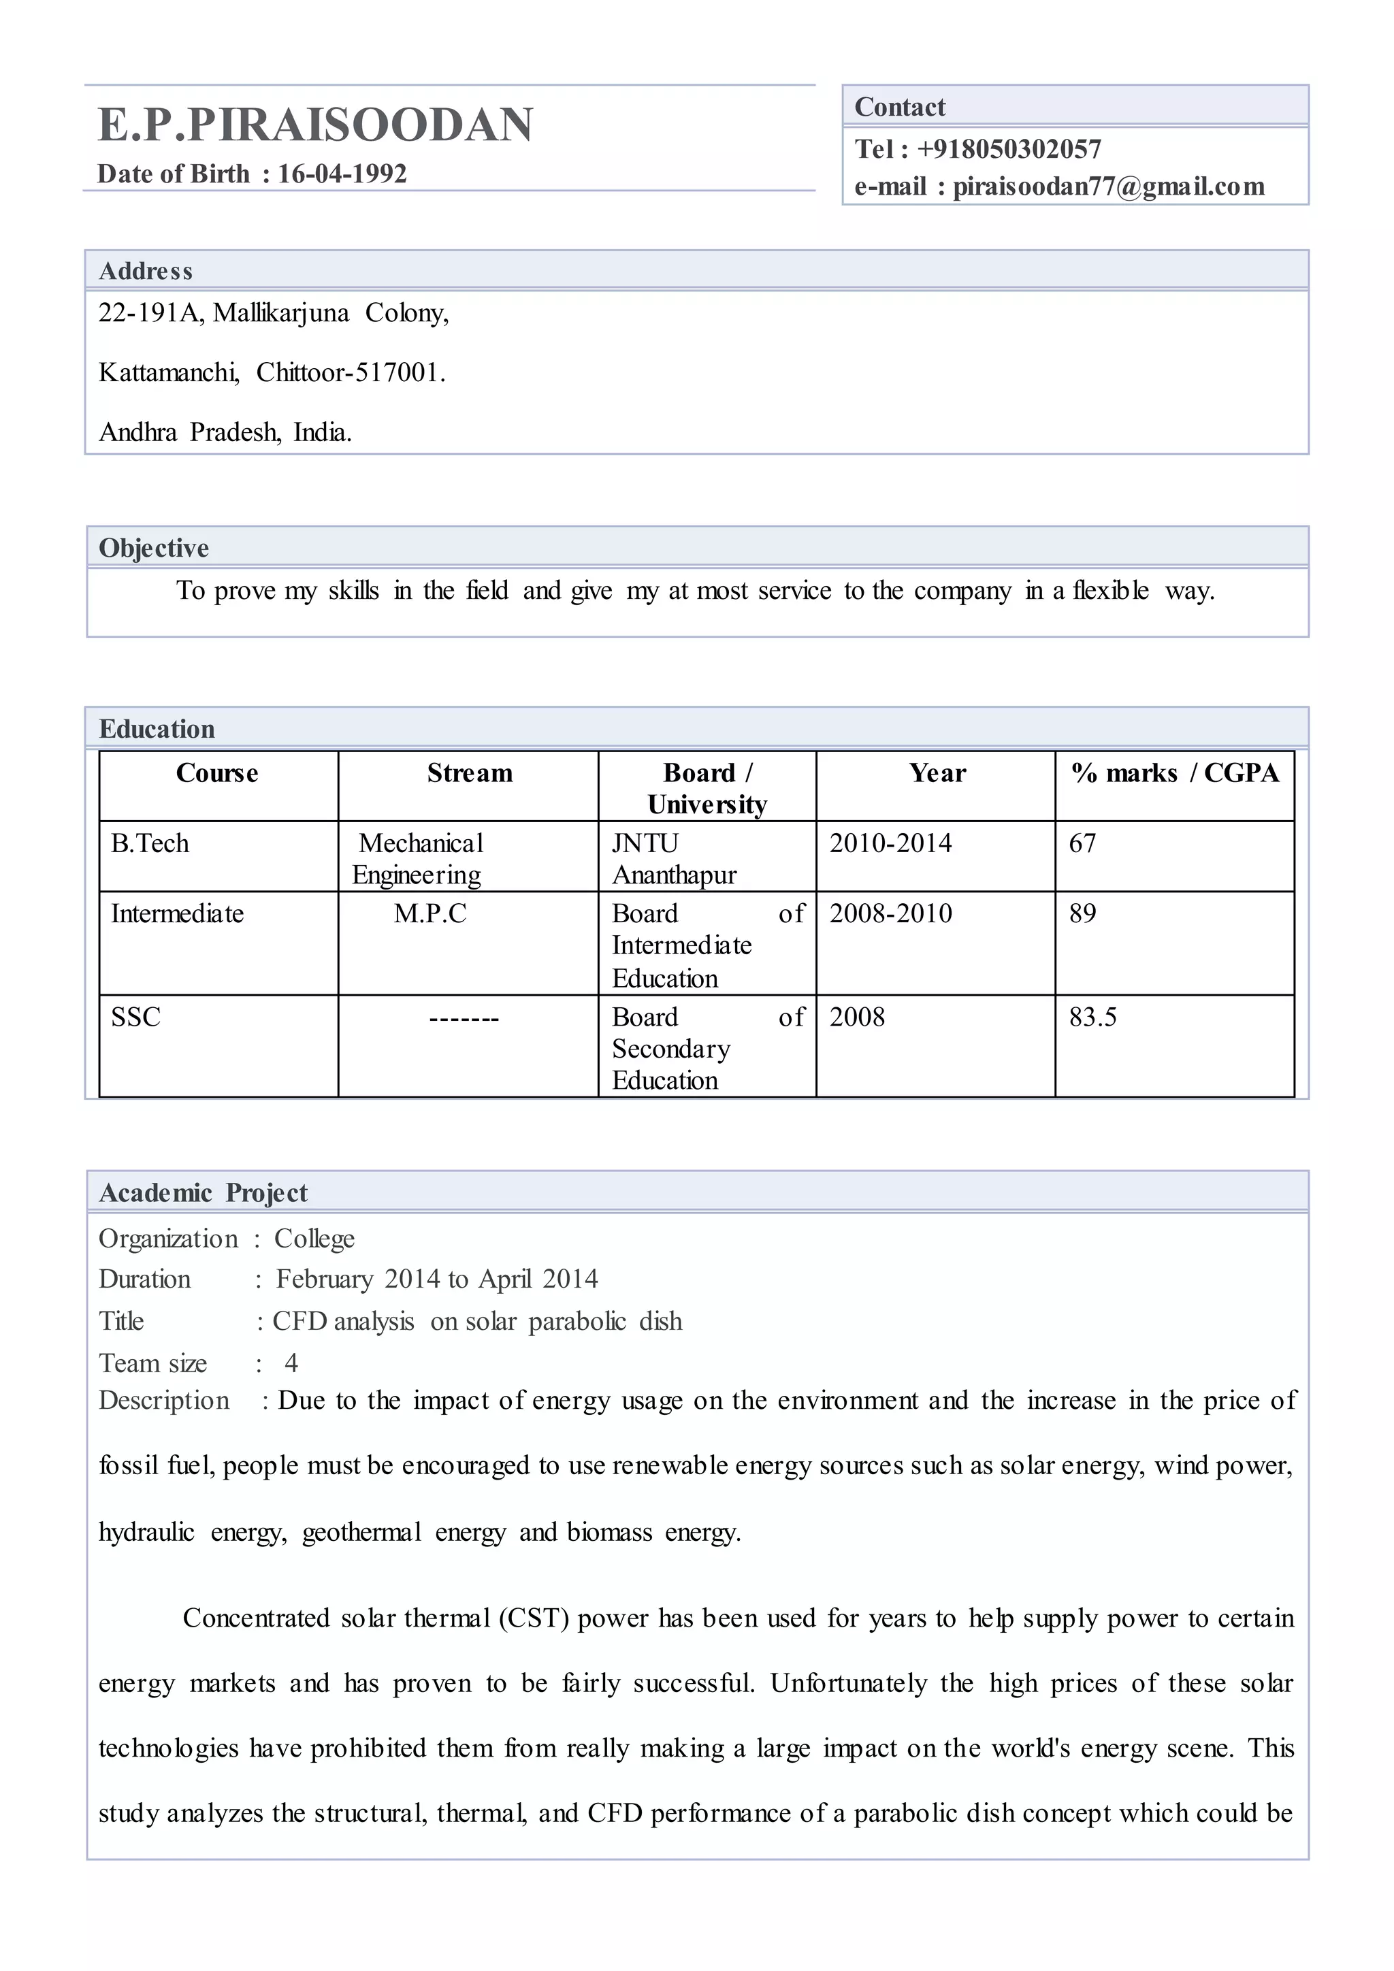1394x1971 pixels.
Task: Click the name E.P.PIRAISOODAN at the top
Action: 315,125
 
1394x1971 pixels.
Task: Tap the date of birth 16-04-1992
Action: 342,174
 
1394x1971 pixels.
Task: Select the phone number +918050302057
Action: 1009,149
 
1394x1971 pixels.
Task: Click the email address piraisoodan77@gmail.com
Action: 1108,187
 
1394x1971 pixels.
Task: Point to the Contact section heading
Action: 900,108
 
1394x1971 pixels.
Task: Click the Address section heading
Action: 146,272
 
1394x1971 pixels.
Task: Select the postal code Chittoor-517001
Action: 351,372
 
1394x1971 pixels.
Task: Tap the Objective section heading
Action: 154,548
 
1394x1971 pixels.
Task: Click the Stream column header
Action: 470,773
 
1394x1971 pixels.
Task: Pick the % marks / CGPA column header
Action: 1174,773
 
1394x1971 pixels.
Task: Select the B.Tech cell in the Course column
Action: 150,844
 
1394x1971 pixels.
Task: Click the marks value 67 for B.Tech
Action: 1082,844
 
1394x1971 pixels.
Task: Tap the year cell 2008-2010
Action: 890,913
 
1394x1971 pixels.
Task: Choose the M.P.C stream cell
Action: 430,914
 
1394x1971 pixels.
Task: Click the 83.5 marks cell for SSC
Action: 1092,1017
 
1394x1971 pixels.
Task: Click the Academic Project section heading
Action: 204,1192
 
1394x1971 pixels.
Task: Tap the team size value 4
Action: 292,1363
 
